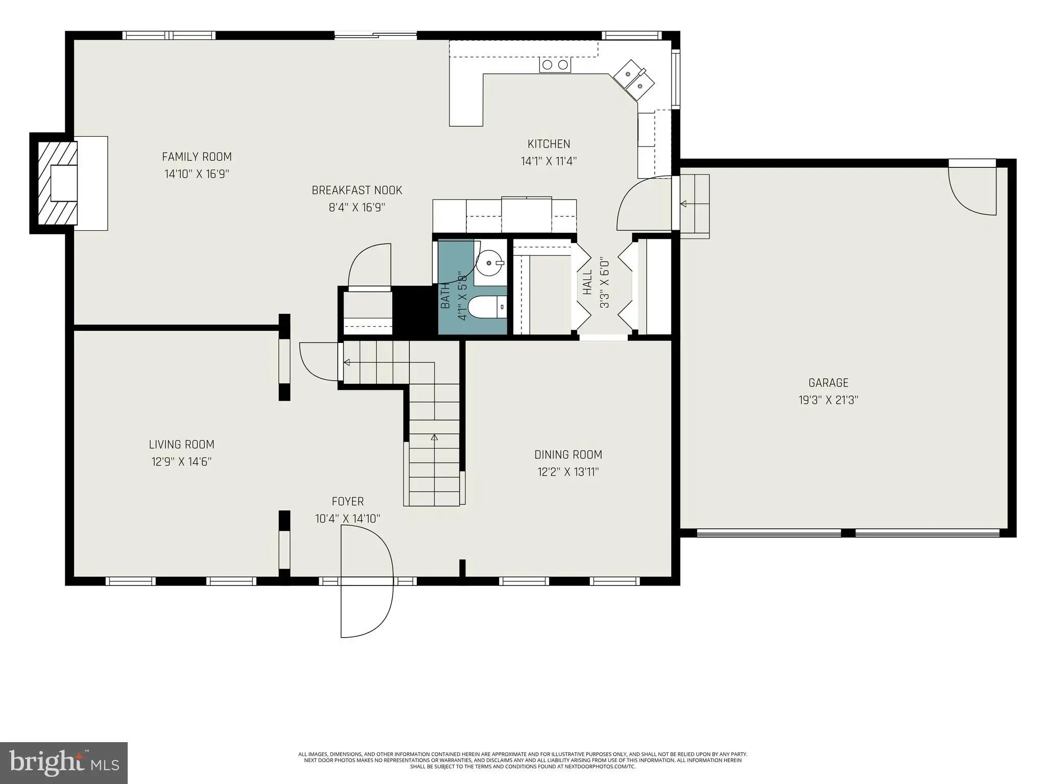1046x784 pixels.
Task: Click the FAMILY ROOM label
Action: pyautogui.click(x=197, y=157)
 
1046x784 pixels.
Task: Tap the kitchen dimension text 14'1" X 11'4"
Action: pyautogui.click(x=549, y=161)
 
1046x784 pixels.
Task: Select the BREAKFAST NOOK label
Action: pyautogui.click(x=357, y=190)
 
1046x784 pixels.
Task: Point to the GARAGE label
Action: pyautogui.click(x=828, y=382)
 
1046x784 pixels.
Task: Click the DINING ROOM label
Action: pyautogui.click(x=568, y=454)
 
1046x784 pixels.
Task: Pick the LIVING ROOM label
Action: pyautogui.click(x=181, y=444)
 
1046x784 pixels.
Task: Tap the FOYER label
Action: pyautogui.click(x=348, y=501)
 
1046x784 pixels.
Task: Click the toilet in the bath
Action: pyautogui.click(x=488, y=307)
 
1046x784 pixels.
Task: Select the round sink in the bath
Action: pyautogui.click(x=489, y=262)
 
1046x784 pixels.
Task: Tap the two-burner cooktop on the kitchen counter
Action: pyautogui.click(x=555, y=65)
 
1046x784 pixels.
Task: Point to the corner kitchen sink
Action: pyautogui.click(x=633, y=79)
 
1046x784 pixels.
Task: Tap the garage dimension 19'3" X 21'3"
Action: pyautogui.click(x=828, y=400)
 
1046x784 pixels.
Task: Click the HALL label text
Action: pyautogui.click(x=587, y=282)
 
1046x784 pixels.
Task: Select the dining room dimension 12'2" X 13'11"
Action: pyautogui.click(x=568, y=472)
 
